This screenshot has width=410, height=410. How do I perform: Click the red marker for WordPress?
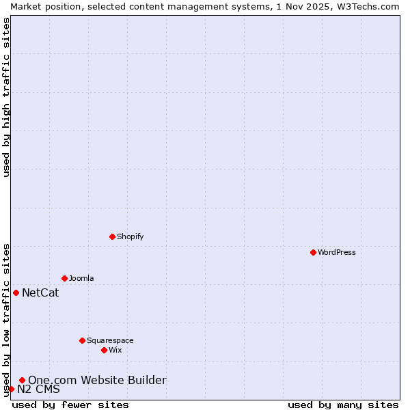pyautogui.click(x=313, y=252)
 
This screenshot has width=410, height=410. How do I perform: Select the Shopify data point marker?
pyautogui.click(x=112, y=236)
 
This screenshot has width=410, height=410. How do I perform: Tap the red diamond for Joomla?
pyautogui.click(x=64, y=278)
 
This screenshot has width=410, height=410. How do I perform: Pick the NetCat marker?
pyautogui.click(x=16, y=292)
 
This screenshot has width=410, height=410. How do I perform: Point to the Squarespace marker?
pyautogui.click(x=82, y=340)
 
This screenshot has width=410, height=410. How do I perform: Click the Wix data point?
pyautogui.click(x=104, y=350)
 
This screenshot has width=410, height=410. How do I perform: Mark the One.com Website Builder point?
pyautogui.click(x=22, y=380)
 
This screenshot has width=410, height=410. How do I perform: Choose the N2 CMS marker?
pyautogui.click(x=11, y=389)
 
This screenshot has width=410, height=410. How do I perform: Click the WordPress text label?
pyautogui.click(x=337, y=252)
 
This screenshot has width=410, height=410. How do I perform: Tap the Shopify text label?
pyautogui.click(x=131, y=236)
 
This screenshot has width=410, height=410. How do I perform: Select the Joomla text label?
pyautogui.click(x=81, y=278)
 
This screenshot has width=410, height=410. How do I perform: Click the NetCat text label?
pyautogui.click(x=40, y=293)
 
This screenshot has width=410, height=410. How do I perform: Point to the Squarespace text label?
pyautogui.click(x=110, y=340)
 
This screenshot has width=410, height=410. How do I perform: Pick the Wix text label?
pyautogui.click(x=115, y=350)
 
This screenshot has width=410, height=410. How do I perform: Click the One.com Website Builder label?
pyautogui.click(x=97, y=380)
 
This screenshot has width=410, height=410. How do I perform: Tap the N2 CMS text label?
pyautogui.click(x=38, y=389)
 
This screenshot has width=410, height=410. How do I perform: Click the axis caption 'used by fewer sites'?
pyautogui.click(x=70, y=405)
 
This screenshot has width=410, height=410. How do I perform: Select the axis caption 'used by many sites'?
pyautogui.click(x=343, y=405)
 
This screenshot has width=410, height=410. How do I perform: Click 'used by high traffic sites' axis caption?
pyautogui.click(x=7, y=97)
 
